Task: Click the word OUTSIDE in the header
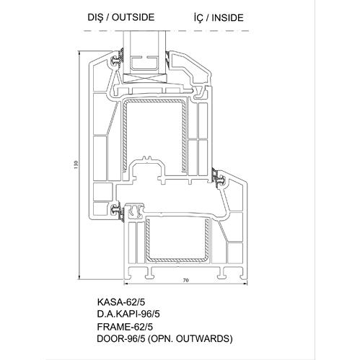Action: (x=133, y=17)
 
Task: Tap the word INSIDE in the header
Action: (x=228, y=18)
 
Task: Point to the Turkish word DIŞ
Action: (x=95, y=17)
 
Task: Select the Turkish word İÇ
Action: (x=198, y=17)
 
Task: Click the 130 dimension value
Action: (x=76, y=164)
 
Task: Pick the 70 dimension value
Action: (x=185, y=280)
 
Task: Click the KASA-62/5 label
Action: (x=121, y=302)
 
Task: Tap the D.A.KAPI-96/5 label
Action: (x=128, y=314)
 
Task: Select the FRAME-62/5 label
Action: (x=125, y=327)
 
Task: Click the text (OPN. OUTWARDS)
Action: (x=190, y=339)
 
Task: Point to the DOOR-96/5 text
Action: (x=121, y=339)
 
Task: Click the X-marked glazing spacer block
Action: (x=145, y=79)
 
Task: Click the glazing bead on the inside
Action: (x=190, y=70)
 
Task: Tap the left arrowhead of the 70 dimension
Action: (x=125, y=284)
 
